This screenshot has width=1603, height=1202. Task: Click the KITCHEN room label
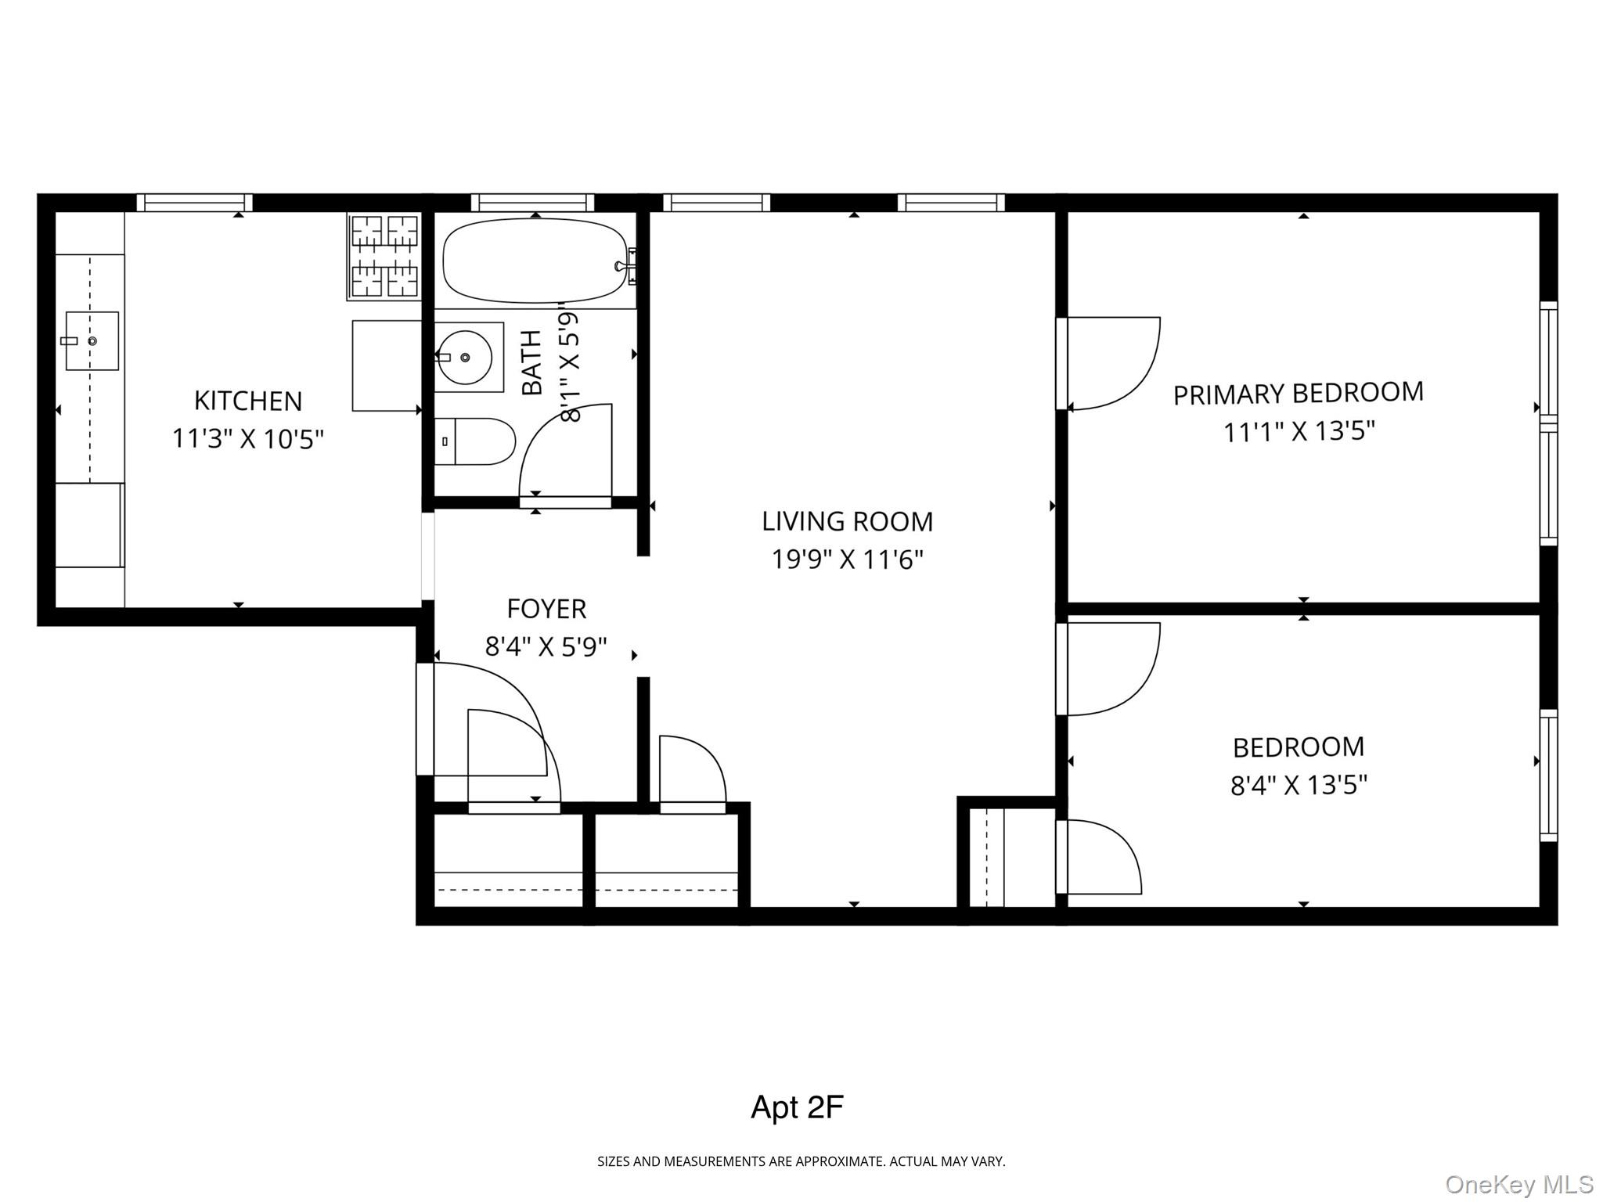[x=247, y=401]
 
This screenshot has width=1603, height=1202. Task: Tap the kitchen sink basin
[x=92, y=341]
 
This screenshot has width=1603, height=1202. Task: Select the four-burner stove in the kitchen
[x=384, y=256]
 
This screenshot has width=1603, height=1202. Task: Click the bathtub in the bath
[x=535, y=261]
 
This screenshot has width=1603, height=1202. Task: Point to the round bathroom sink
[x=465, y=357]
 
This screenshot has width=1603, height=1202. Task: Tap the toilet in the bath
[x=474, y=441]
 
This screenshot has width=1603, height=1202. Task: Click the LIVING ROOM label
[x=847, y=521]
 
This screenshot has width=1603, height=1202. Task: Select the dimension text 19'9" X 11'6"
[x=847, y=560]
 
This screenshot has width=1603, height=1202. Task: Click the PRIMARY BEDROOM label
[x=1298, y=394]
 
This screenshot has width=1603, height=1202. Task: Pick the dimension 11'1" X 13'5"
[x=1299, y=431]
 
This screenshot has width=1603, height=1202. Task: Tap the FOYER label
[x=546, y=608]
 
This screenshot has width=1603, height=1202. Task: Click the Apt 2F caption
[x=797, y=1107]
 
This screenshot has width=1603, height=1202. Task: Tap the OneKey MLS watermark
[x=1518, y=1184]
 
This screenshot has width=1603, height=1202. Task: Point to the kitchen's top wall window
[x=195, y=203]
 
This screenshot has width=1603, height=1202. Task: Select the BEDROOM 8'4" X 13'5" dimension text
[x=1299, y=785]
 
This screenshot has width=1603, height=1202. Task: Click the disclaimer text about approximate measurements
[x=801, y=1162]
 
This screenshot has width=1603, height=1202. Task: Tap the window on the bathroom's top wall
[x=533, y=203]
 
